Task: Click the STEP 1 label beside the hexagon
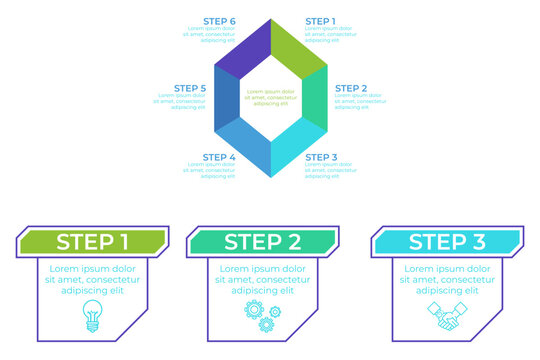click(320, 21)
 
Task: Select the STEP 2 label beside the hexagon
click(350, 88)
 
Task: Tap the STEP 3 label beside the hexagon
click(320, 157)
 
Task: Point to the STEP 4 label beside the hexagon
click(219, 157)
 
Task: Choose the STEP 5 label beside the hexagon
click(190, 88)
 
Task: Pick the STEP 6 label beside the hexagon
click(219, 21)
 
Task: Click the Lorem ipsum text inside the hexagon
click(270, 97)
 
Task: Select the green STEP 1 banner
click(92, 241)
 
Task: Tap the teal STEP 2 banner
click(262, 241)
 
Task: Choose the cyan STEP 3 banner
click(446, 241)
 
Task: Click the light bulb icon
click(93, 314)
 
